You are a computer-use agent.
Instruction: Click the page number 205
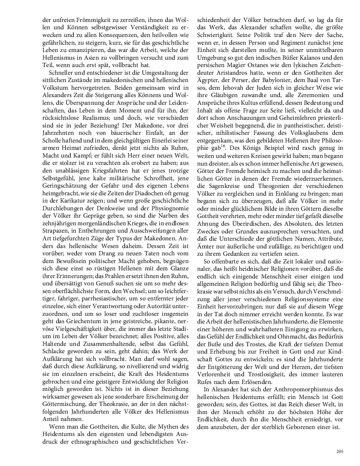coord(339,452)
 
